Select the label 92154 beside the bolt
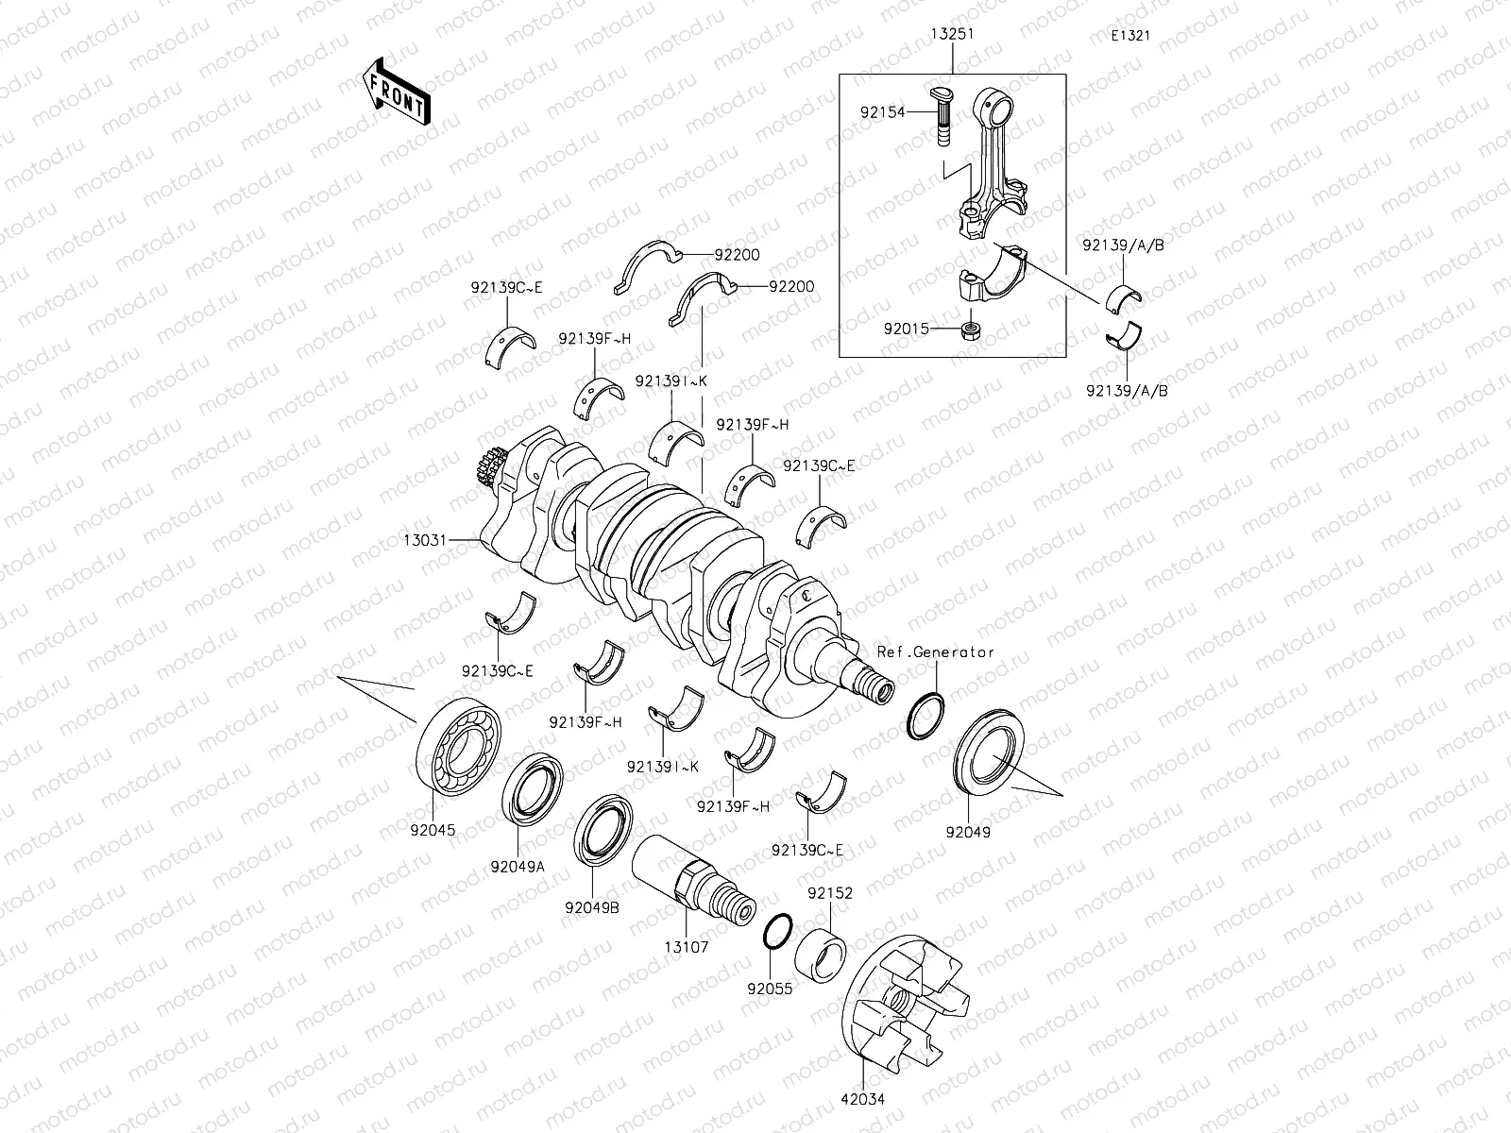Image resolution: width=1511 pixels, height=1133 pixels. click(x=882, y=112)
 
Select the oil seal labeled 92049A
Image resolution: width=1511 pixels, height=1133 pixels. click(x=532, y=787)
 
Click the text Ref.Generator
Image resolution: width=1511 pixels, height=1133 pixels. click(x=936, y=651)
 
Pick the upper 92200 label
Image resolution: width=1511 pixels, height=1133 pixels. click(x=737, y=255)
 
